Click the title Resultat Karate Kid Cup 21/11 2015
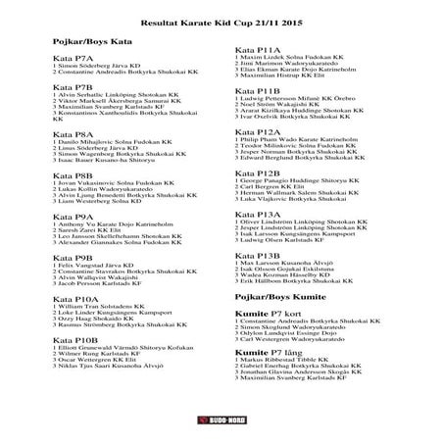221,19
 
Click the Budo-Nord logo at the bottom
221,420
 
